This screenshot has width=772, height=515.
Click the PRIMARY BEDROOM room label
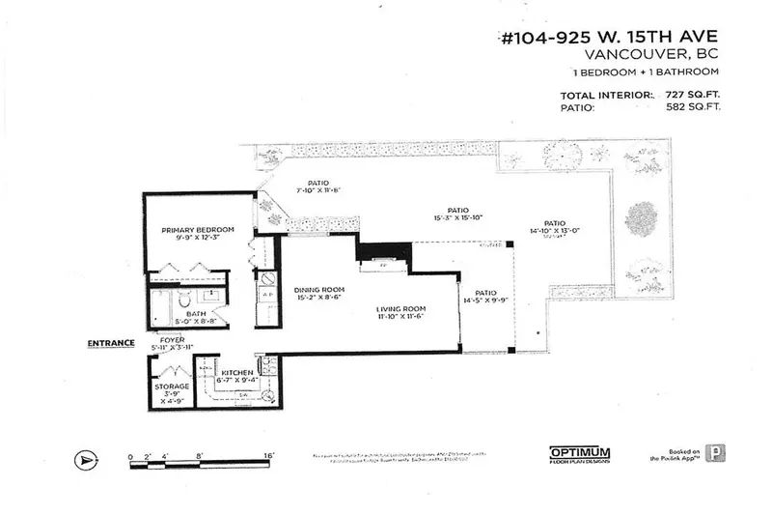198,229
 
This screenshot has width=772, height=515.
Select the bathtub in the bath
158,310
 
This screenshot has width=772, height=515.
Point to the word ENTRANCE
110,342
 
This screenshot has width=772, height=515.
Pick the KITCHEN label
236,372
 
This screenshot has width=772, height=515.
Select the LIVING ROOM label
400,308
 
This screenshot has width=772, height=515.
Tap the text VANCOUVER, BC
666,58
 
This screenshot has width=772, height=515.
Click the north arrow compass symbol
86,461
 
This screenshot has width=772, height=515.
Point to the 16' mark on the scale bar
267,454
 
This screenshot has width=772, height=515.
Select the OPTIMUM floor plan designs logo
581,453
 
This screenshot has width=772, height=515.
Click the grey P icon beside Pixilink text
714,453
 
